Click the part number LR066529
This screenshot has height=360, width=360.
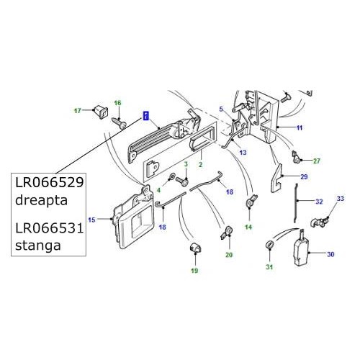tap(48, 184)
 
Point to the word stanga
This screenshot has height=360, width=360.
tap(35, 247)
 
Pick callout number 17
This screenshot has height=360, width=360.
tap(78, 110)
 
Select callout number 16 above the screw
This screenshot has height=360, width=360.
tap(118, 104)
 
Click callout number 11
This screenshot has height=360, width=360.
tap(300, 127)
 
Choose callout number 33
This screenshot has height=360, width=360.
tap(341, 198)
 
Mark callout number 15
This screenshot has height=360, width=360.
tap(91, 219)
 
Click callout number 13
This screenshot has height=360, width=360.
tap(243, 153)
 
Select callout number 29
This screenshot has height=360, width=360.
tap(304, 176)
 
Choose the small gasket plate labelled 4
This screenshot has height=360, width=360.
tap(150, 170)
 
